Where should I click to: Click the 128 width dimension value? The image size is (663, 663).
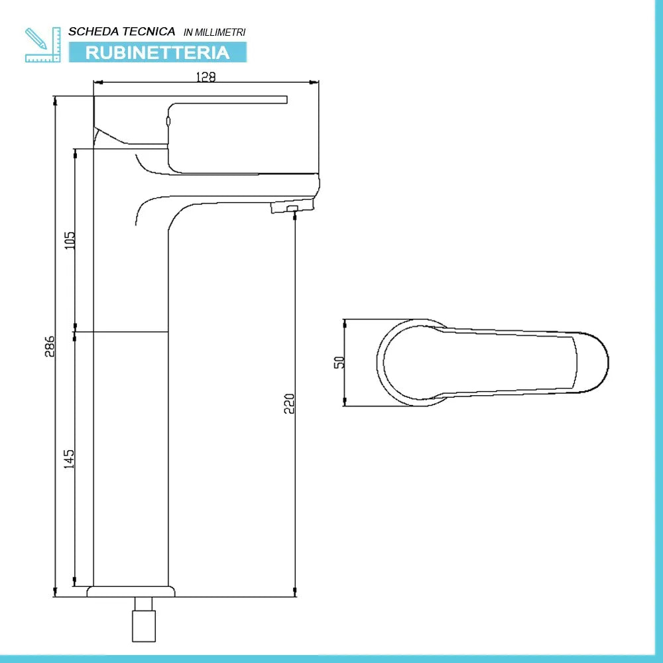point(206,77)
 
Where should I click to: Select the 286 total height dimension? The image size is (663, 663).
point(49,345)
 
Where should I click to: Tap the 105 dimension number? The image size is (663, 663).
point(70,240)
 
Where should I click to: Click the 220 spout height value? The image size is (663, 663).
point(289,403)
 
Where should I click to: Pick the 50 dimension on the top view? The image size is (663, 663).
point(339,362)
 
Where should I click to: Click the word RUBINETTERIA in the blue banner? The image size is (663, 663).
point(157,52)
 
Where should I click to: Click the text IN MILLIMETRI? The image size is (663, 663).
point(214,32)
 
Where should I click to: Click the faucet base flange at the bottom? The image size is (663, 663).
point(133,591)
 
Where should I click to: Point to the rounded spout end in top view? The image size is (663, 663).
point(593,362)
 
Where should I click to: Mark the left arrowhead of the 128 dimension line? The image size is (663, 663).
point(97,83)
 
